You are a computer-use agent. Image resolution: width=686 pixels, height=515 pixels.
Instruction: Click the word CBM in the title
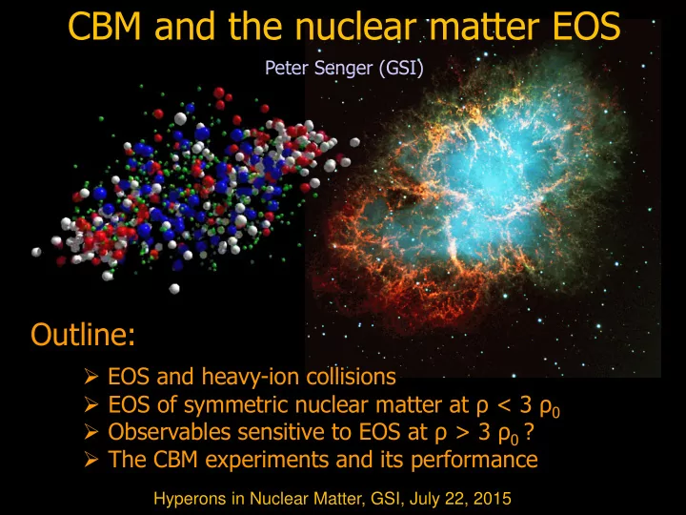105,27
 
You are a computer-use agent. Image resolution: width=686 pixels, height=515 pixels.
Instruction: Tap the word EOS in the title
586,27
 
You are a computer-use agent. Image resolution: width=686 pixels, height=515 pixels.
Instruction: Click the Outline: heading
83,335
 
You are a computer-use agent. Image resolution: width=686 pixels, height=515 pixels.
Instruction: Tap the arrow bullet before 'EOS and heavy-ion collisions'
91,376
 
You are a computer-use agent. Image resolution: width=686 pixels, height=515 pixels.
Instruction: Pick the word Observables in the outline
170,432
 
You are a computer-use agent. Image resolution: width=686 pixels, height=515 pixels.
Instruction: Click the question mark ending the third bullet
529,432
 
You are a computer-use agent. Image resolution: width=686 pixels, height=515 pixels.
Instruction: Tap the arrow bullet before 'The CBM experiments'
91,460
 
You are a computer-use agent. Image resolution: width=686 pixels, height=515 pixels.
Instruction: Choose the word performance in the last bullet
474,460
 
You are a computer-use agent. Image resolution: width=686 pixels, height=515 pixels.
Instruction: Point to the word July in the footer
423,499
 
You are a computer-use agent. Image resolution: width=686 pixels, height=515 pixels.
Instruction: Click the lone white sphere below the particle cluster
174,289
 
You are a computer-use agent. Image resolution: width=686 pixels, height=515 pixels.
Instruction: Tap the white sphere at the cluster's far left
36,252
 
